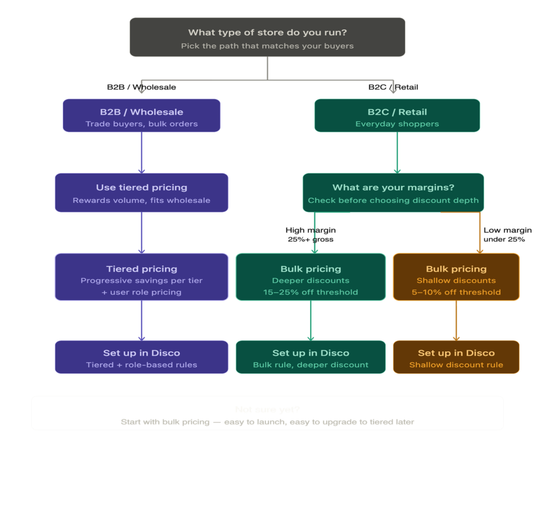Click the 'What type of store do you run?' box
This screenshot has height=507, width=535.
pyautogui.click(x=267, y=37)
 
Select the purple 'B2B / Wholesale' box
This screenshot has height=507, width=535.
pyautogui.click(x=142, y=115)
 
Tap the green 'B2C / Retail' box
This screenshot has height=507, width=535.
pyautogui.click(x=397, y=115)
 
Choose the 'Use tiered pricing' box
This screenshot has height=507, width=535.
pyautogui.click(x=142, y=192)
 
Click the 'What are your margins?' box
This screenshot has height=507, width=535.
pyautogui.click(x=393, y=192)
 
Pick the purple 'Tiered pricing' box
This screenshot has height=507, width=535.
pyautogui.click(x=142, y=277)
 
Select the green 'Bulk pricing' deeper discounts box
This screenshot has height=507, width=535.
pyautogui.click(x=310, y=277)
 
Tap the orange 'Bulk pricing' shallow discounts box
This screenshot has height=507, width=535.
pyautogui.click(x=456, y=277)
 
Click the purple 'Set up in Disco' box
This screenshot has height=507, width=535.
pyautogui.click(x=142, y=357)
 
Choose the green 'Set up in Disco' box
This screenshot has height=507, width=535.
pyautogui.click(x=310, y=357)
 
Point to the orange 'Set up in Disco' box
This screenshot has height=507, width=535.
pyautogui.click(x=456, y=357)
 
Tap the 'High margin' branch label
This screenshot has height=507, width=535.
pyautogui.click(x=310, y=230)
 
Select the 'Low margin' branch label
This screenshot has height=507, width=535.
pyautogui.click(x=507, y=230)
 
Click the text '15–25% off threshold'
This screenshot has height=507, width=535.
pyautogui.click(x=310, y=292)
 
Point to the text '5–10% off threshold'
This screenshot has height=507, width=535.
pyautogui.click(x=456, y=292)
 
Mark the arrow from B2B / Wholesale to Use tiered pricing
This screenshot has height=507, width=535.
pyautogui.click(x=142, y=152)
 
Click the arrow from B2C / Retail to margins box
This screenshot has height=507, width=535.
pyautogui.click(x=397, y=152)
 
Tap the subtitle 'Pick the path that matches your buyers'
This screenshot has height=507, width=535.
pyautogui.click(x=267, y=46)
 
